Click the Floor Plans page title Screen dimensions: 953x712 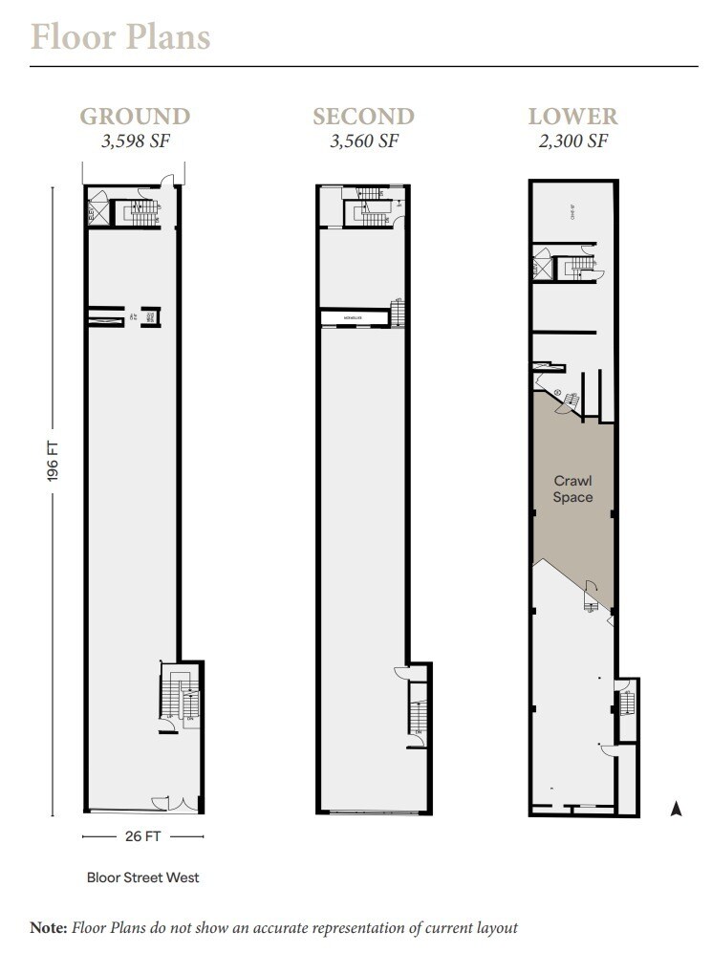120,37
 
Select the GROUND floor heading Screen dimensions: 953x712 135,117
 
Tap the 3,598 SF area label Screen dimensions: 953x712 135,141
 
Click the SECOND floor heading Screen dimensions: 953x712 363,117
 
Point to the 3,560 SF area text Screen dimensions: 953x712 363,141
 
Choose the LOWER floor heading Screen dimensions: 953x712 573,117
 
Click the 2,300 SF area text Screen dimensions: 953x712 573,141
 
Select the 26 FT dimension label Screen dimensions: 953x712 142,836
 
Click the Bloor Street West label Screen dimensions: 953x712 142,877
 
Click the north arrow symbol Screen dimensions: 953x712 676,810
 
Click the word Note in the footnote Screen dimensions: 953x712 47,926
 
